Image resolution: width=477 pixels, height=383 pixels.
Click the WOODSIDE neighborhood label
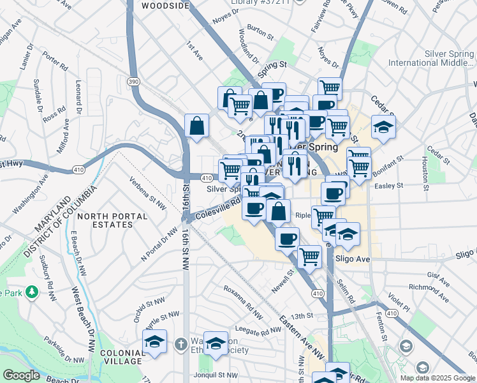point(165,6)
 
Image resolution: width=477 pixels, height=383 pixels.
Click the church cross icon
point(181,345)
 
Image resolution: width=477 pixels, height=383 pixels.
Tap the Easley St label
point(390,186)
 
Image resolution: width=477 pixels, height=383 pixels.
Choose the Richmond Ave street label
point(429,288)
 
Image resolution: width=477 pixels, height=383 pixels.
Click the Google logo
point(21,375)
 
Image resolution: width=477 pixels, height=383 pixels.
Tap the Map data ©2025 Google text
point(437,378)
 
